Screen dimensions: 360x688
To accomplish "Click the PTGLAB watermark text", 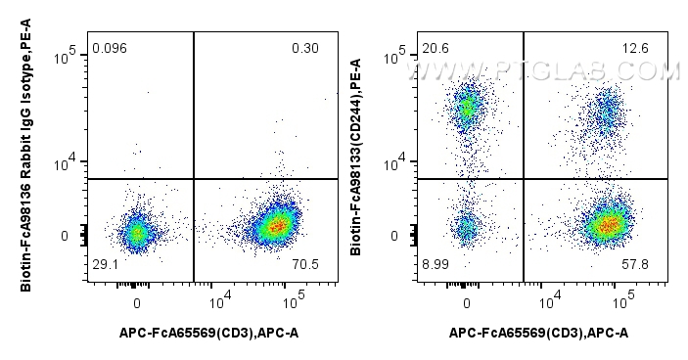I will (570, 70).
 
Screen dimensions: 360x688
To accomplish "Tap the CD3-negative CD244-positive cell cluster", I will (468, 108).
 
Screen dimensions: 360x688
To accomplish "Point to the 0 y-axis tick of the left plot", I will (65, 236).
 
